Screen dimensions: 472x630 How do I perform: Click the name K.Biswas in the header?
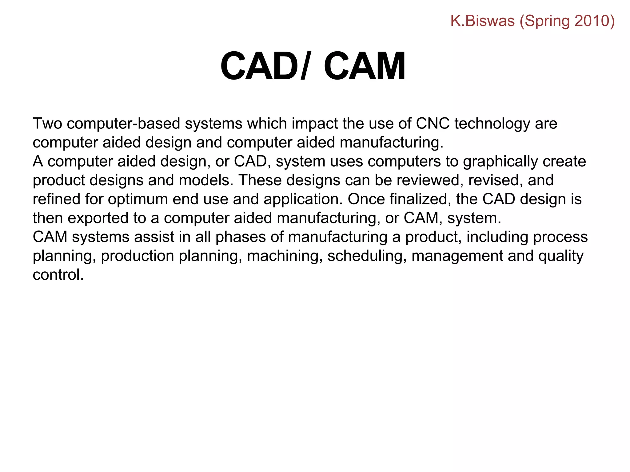pyautogui.click(x=482, y=21)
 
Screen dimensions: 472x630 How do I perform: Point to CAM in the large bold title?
pyautogui.click(x=365, y=66)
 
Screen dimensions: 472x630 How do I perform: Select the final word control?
pyautogui.click(x=58, y=275)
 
